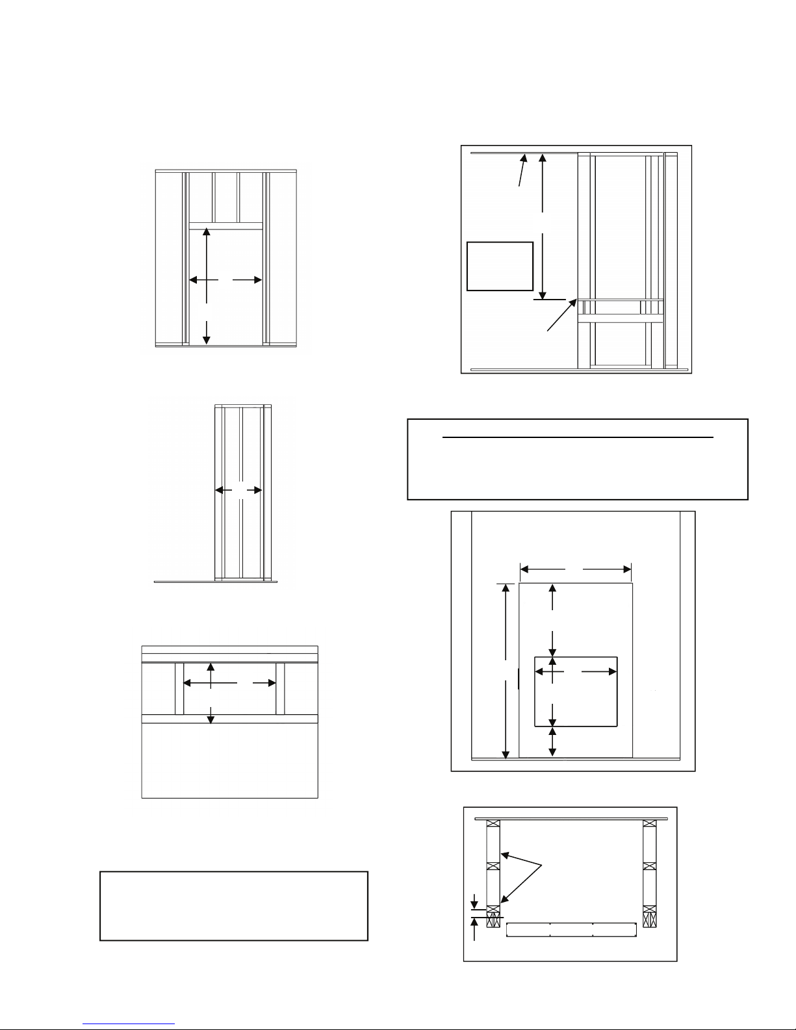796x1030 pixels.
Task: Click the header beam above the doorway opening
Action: [225, 226]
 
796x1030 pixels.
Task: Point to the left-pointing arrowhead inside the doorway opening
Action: [192, 280]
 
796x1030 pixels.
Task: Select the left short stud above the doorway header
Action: [214, 198]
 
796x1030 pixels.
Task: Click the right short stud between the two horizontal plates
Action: [280, 688]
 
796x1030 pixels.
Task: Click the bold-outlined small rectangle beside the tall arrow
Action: [500, 266]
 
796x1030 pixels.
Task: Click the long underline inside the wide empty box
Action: [578, 438]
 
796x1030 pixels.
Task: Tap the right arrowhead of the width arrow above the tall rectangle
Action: [628, 570]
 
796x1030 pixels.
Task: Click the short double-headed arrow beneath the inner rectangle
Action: [552, 741]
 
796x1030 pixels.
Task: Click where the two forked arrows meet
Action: [541, 864]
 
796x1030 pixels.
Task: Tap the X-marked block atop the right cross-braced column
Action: [649, 823]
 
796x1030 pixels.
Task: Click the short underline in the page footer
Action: [129, 1024]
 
